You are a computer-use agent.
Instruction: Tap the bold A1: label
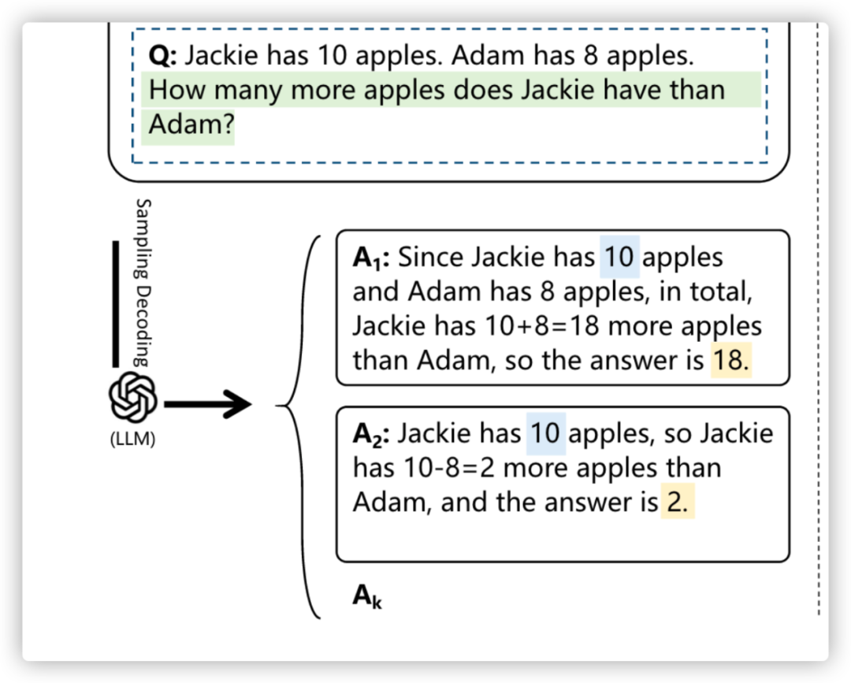[x=371, y=258]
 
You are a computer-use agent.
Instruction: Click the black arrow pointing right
[x=208, y=406]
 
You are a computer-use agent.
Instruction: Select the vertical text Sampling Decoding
[x=143, y=281]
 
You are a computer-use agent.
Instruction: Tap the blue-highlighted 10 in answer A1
[x=619, y=258]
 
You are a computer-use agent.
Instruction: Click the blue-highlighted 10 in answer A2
[x=545, y=434]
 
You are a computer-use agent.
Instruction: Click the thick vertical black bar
[x=115, y=303]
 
